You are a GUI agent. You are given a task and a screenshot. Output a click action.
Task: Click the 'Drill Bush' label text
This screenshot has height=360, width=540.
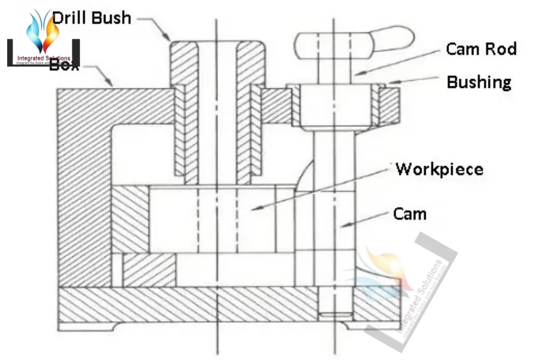(92, 18)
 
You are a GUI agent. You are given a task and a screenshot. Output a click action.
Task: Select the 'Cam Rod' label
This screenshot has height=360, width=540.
(481, 49)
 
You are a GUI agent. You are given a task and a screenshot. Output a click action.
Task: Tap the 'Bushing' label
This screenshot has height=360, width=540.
(479, 82)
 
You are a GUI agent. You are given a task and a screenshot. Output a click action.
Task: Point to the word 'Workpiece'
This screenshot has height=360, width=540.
(440, 169)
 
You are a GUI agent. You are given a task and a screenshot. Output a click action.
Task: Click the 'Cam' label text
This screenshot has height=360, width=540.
(409, 214)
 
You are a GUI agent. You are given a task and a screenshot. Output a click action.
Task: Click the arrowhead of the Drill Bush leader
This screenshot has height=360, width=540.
(169, 40)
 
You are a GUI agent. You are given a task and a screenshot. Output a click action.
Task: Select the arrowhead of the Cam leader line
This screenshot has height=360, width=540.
(341, 225)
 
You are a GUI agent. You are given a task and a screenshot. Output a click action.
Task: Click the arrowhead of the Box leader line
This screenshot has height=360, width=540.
(111, 85)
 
